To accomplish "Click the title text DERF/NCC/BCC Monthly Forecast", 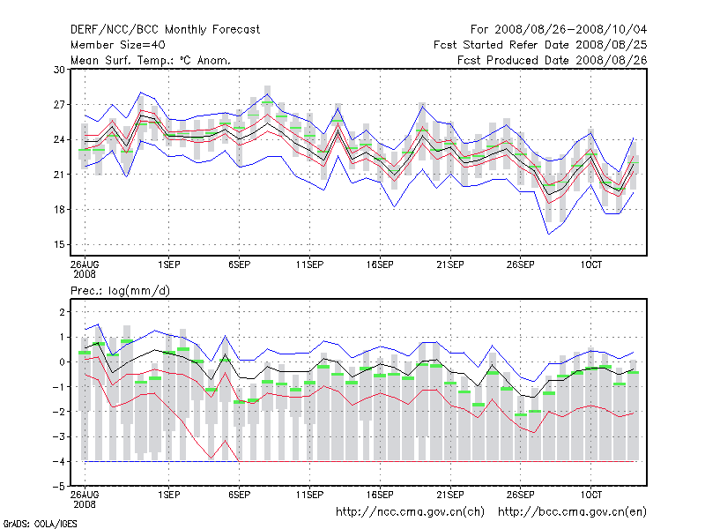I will point(165,30).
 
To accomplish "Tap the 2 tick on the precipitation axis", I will point(60,312).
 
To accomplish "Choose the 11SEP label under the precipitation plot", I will point(309,495).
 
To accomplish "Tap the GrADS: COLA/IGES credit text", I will point(30,523).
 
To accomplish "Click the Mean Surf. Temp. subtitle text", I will point(150,60).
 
